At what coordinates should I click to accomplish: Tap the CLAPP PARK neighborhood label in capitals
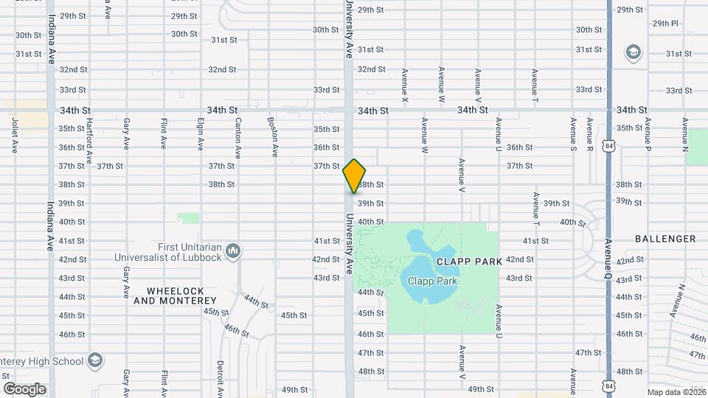coord(469,262)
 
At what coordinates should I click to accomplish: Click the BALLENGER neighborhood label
coord(664,239)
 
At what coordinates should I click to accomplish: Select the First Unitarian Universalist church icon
coord(233,252)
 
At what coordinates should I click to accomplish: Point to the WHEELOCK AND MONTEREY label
coord(175,296)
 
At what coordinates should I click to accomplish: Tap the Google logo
coord(24,388)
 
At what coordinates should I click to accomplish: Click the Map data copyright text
coord(676,392)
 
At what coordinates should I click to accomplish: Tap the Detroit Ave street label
coord(220,377)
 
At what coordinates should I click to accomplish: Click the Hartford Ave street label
coord(88,140)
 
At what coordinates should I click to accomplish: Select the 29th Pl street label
coord(665,24)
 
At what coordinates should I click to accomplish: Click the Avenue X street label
coord(405,84)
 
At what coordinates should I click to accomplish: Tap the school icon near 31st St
coord(632,52)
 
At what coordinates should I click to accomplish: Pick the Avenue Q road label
coord(608,258)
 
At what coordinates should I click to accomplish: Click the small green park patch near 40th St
coord(189,218)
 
